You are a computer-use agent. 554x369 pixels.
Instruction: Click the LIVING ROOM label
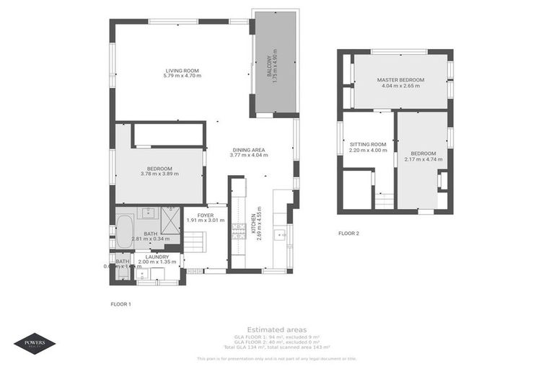click(x=181, y=70)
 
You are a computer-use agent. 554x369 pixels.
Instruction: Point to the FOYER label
click(x=206, y=215)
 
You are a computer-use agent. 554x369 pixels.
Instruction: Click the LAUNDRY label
click(x=157, y=257)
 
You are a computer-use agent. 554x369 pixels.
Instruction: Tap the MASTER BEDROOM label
click(x=400, y=79)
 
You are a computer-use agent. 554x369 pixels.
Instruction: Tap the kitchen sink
click(x=280, y=234)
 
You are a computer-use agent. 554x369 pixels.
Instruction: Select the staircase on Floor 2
click(x=384, y=200)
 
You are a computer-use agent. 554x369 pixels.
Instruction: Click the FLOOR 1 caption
click(x=120, y=304)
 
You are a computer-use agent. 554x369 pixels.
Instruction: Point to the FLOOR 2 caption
click(x=348, y=233)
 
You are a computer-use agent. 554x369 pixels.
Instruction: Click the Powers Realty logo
click(x=34, y=344)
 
